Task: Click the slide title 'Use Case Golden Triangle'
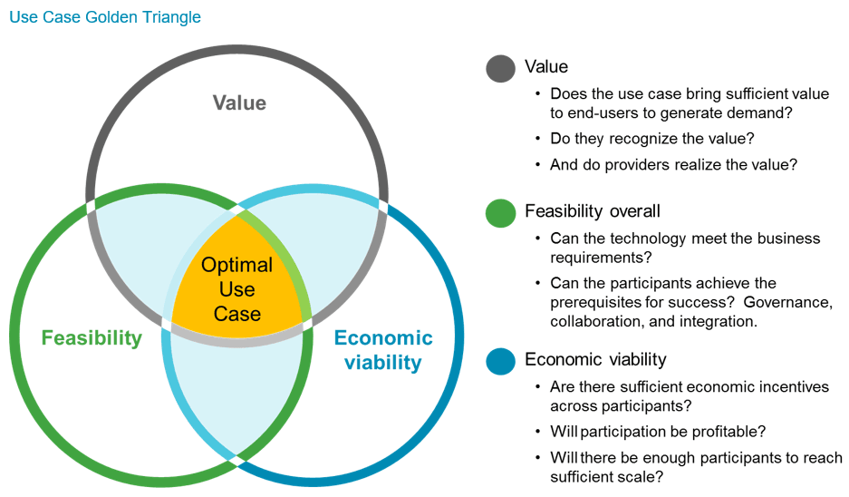tap(105, 17)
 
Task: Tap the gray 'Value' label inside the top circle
tap(239, 102)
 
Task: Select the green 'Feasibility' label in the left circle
tap(92, 338)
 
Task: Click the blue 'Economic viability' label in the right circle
tap(383, 350)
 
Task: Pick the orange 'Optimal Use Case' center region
tap(236, 289)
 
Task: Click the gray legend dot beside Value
tap(500, 68)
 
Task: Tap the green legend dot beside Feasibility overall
tap(500, 212)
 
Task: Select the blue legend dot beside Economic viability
tap(500, 361)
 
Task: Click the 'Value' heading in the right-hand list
tap(546, 67)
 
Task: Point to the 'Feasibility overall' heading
tap(593, 211)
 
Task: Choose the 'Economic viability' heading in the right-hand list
tap(595, 360)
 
